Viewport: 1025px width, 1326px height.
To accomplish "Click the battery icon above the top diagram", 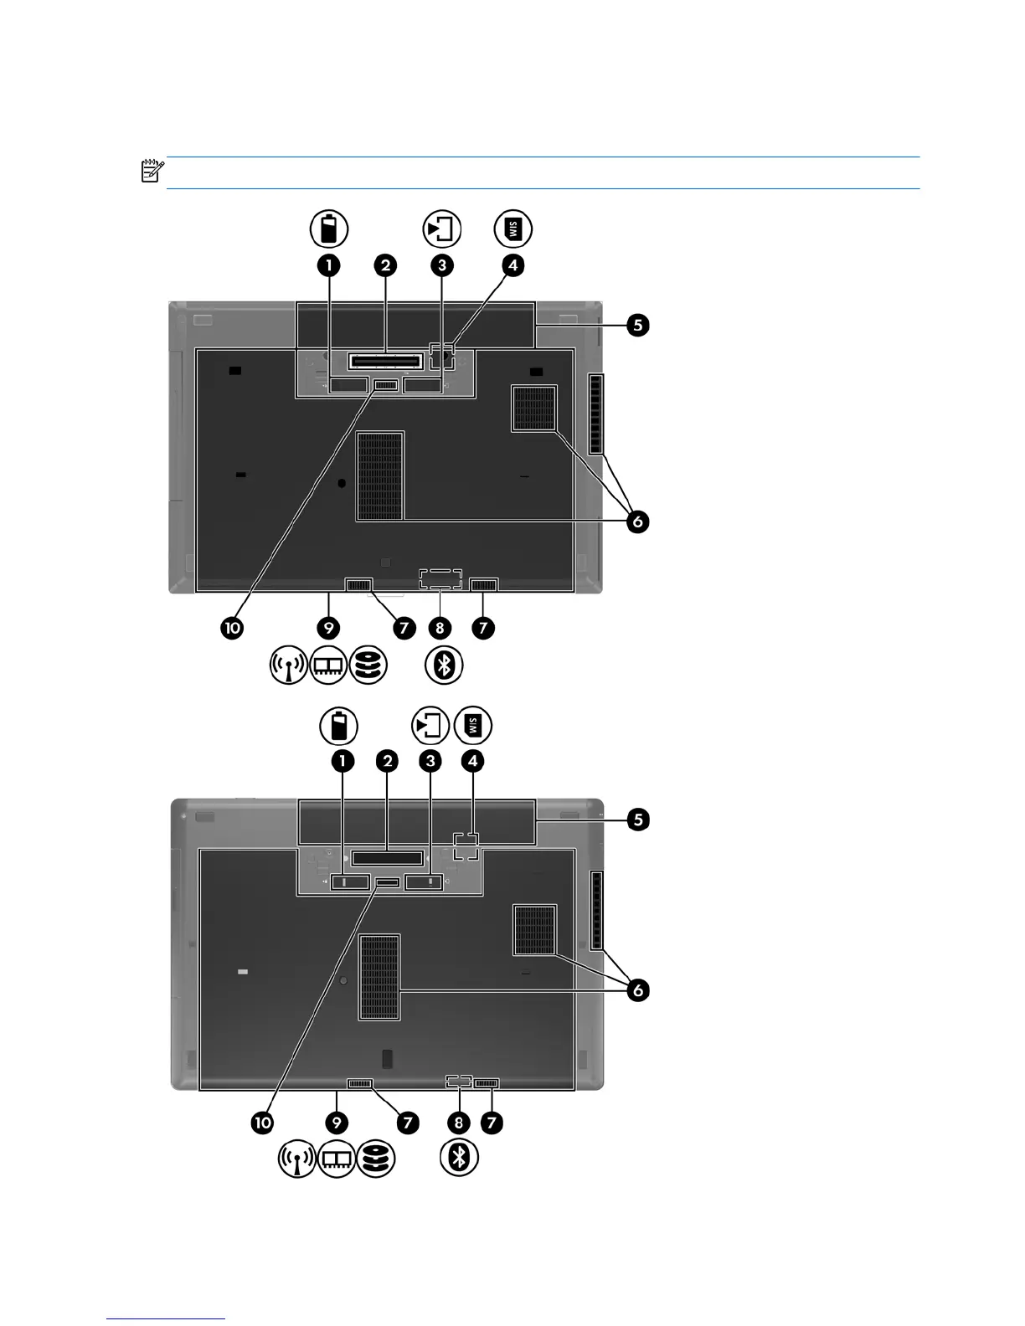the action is [x=329, y=229].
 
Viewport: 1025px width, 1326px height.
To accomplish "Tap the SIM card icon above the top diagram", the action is [x=512, y=229].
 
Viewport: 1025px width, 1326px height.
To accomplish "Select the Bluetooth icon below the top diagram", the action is [x=445, y=666].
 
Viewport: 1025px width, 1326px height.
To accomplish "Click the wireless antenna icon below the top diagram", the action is [x=288, y=666].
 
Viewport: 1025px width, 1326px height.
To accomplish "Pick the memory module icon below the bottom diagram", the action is [x=337, y=1159].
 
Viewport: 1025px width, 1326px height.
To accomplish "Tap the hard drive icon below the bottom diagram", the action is [x=376, y=1159].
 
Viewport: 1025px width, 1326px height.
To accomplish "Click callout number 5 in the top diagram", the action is [x=638, y=325].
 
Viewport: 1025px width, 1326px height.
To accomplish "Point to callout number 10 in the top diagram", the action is [x=231, y=628].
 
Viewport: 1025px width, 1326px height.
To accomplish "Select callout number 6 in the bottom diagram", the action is [x=638, y=990].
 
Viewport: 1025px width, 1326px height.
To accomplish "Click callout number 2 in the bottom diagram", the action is [x=387, y=761].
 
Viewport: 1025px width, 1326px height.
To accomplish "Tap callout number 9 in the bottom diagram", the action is [x=336, y=1123].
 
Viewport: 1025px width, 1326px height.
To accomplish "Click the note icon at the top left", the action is [x=152, y=172].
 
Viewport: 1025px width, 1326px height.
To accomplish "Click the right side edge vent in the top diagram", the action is [x=595, y=414].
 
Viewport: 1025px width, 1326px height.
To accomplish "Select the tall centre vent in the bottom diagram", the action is [x=379, y=977].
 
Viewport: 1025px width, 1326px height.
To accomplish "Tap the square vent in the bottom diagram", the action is [x=535, y=930].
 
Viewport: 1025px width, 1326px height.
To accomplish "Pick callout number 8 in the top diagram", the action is [x=440, y=628].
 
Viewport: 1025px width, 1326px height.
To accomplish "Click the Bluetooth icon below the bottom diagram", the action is [x=460, y=1159].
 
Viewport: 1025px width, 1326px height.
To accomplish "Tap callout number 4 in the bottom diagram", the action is [x=473, y=761].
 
